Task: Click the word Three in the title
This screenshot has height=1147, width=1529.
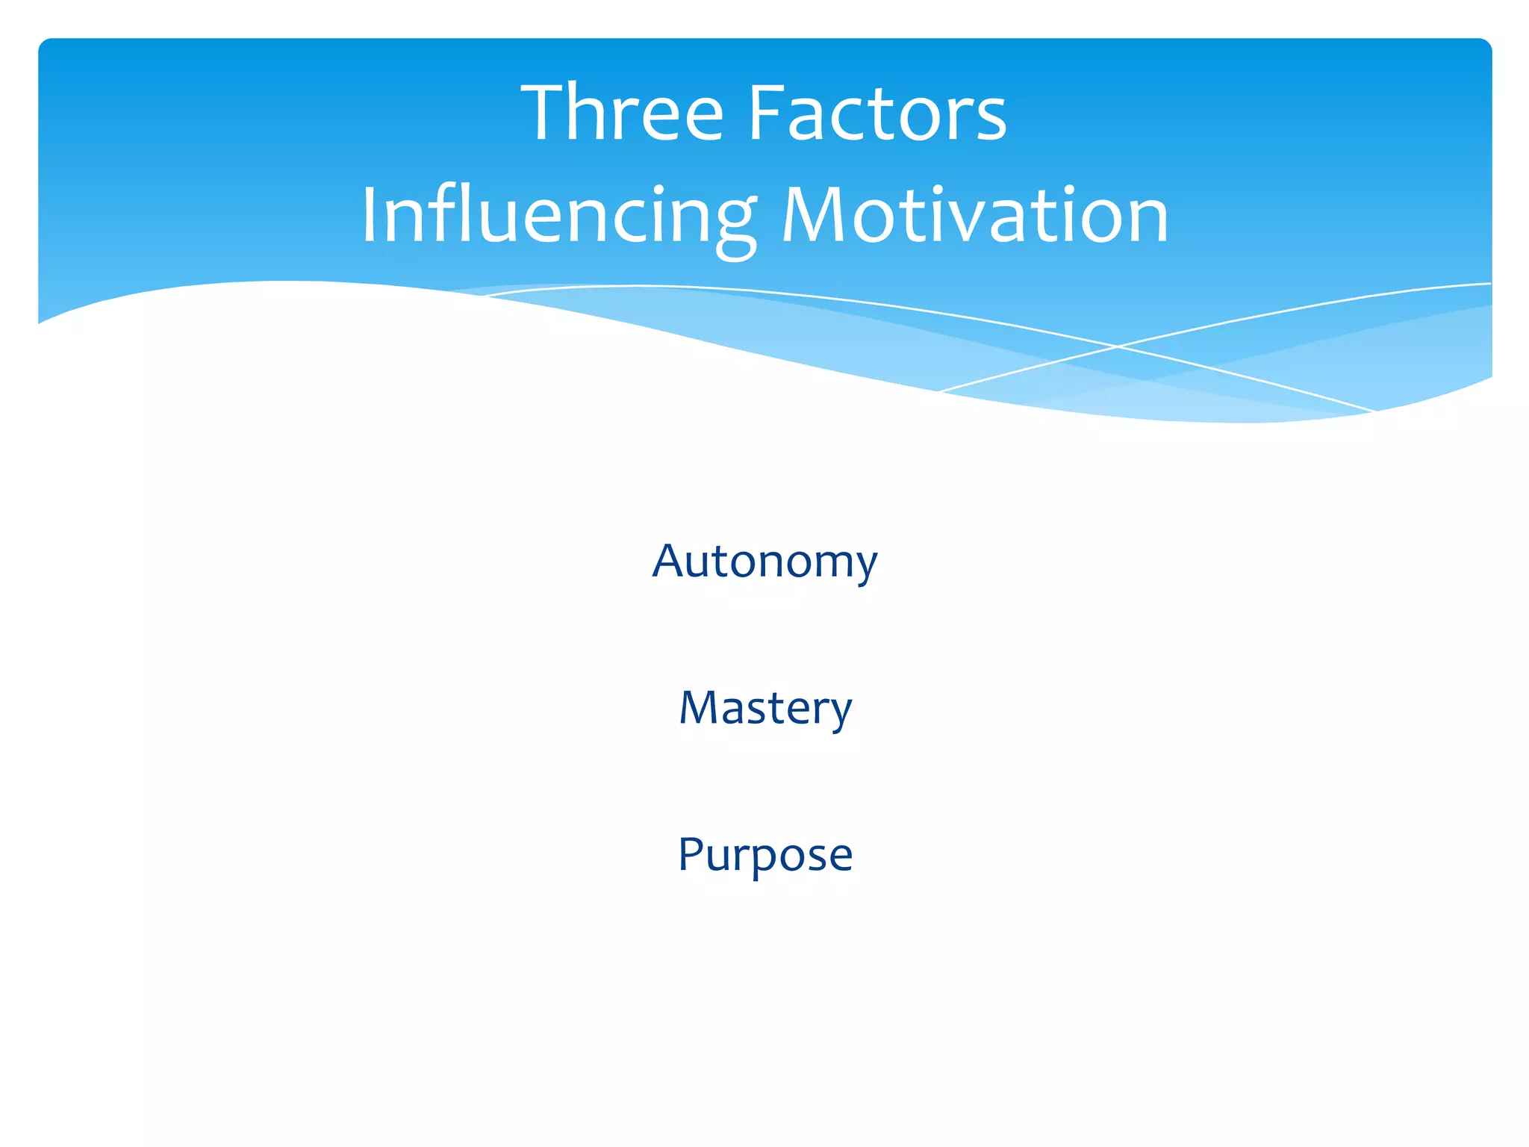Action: click(623, 114)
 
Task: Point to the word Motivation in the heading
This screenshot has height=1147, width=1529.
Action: click(974, 217)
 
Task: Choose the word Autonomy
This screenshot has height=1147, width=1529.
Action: click(764, 562)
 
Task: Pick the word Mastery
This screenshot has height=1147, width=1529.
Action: click(764, 708)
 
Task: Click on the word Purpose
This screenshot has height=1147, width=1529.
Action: click(764, 854)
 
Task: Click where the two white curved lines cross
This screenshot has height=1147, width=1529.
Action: click(1118, 346)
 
